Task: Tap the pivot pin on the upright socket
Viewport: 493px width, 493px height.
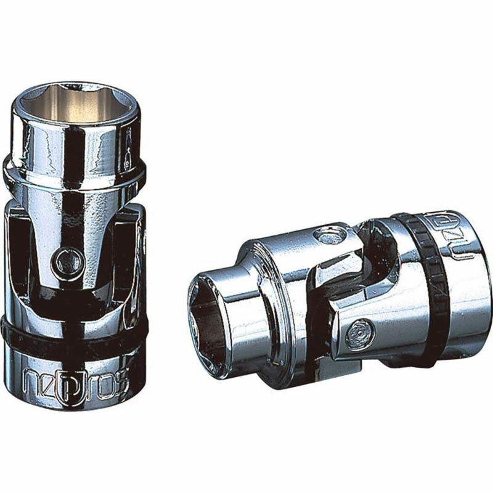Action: click(63, 261)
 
